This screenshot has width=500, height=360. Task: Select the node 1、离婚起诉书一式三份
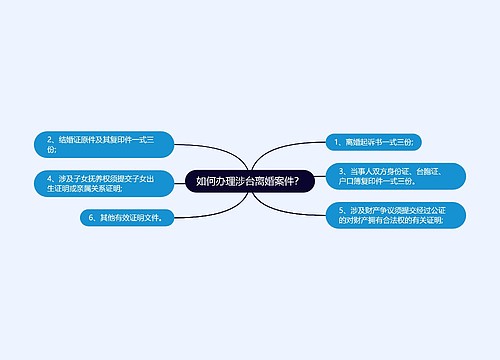378,143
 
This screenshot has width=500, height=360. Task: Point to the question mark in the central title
307,181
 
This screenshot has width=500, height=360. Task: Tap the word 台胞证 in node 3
426,172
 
